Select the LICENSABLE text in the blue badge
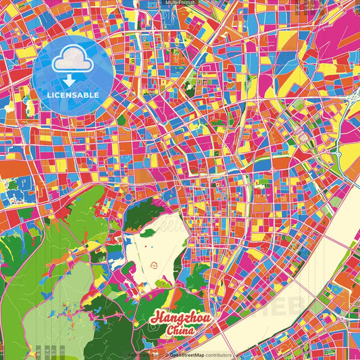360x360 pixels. pos(73,95)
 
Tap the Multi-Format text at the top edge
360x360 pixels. pos(179,3)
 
